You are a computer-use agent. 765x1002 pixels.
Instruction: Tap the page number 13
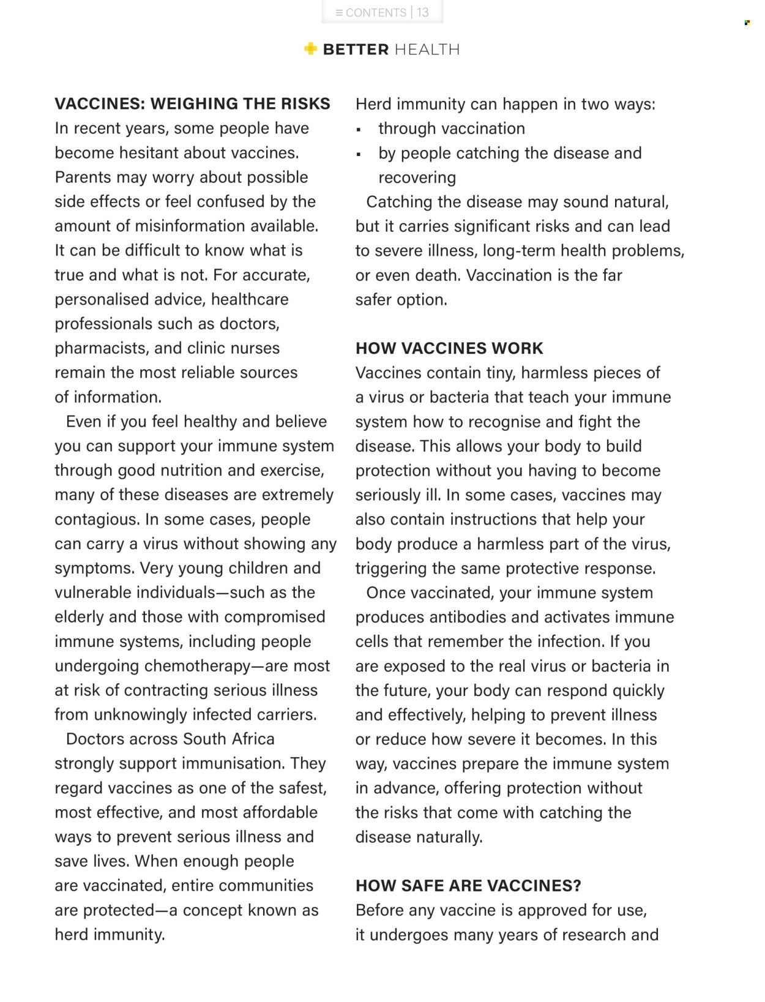[423, 13]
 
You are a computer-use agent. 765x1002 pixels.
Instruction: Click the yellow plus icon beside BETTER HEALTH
[311, 49]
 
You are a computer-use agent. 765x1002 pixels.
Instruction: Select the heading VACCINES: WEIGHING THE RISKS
[192, 103]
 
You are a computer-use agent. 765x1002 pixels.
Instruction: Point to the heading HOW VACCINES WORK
[449, 348]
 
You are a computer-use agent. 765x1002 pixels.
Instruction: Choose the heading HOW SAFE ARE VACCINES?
[468, 886]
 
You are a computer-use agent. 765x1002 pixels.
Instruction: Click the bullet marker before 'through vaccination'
[359, 130]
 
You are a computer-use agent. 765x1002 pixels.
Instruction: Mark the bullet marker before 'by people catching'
[359, 154]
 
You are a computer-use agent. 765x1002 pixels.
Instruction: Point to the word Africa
[253, 739]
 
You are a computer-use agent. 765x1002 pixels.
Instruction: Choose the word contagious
[97, 520]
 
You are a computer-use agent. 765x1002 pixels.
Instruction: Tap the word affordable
[280, 812]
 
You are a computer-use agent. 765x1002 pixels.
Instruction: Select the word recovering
[417, 178]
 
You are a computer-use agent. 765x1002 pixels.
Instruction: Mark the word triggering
[391, 569]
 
